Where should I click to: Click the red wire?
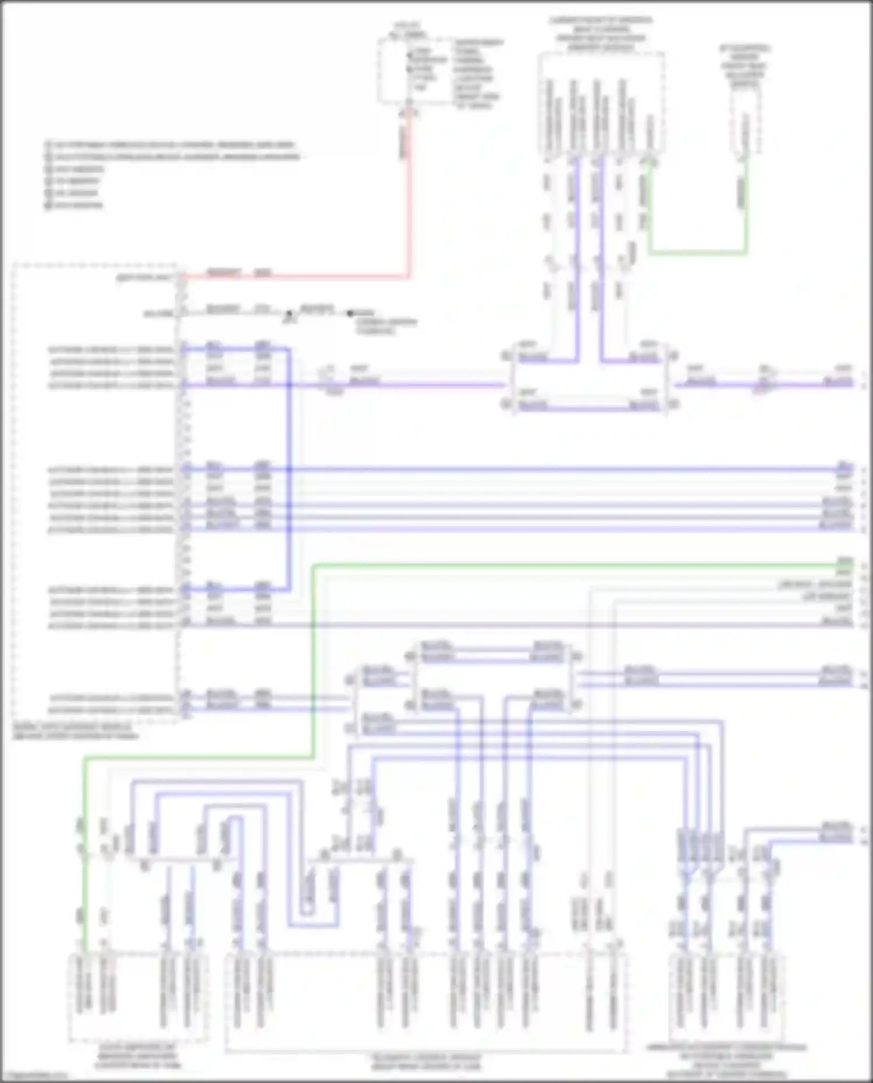tap(409, 204)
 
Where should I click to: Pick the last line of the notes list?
tap(76, 205)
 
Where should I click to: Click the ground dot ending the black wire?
tap(350, 314)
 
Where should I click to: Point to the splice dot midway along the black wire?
tap(289, 314)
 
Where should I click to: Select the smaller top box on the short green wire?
tap(746, 125)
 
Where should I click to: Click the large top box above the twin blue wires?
tap(600, 105)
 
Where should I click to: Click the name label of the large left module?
tap(76, 732)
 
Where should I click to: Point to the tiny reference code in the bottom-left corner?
tap(35, 1077)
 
